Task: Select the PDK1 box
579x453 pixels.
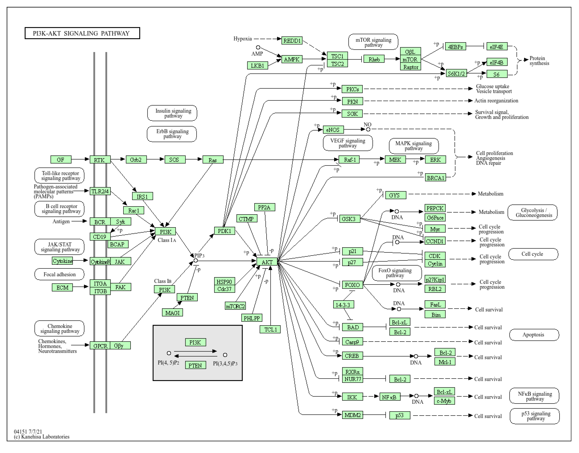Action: (x=225, y=231)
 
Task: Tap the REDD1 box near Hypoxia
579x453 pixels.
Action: (x=292, y=41)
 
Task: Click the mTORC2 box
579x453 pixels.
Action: (x=235, y=306)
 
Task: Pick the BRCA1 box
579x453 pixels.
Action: (x=435, y=178)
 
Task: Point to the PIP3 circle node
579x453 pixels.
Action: (x=196, y=261)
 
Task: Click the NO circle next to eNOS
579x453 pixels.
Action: (x=368, y=129)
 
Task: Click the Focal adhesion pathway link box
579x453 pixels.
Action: (x=59, y=274)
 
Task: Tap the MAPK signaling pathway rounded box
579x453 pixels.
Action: (x=413, y=146)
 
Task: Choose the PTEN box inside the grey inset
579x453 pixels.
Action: (x=195, y=365)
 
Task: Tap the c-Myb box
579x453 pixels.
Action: (x=444, y=401)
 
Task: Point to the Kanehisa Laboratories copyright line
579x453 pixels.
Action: (x=42, y=437)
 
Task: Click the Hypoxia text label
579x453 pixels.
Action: (x=243, y=39)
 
